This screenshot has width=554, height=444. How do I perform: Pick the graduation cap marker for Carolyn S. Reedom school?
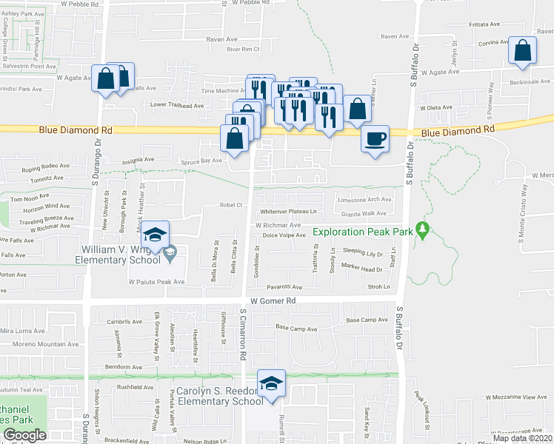coord(272,383)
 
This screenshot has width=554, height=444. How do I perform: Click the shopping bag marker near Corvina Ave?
coord(522,51)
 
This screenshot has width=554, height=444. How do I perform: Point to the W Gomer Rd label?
coord(273,300)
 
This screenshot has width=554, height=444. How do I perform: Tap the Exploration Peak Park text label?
coord(363,232)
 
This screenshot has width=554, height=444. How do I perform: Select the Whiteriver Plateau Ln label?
coord(289,211)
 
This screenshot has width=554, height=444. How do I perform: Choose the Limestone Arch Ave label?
coord(364,200)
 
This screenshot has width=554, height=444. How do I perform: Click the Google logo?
coord(24,435)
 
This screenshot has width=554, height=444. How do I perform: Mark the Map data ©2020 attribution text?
coord(521,438)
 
